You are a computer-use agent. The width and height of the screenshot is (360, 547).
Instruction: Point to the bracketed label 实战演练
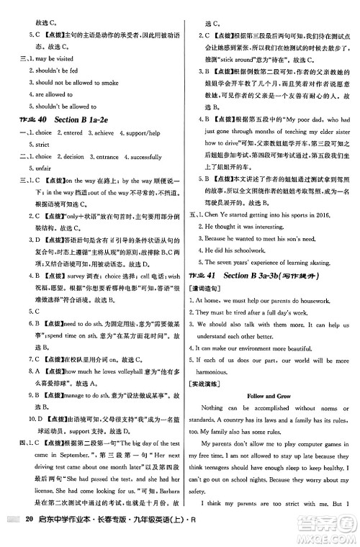tap(204, 383)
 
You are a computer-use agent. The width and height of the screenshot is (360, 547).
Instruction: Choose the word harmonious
tap(219, 369)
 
